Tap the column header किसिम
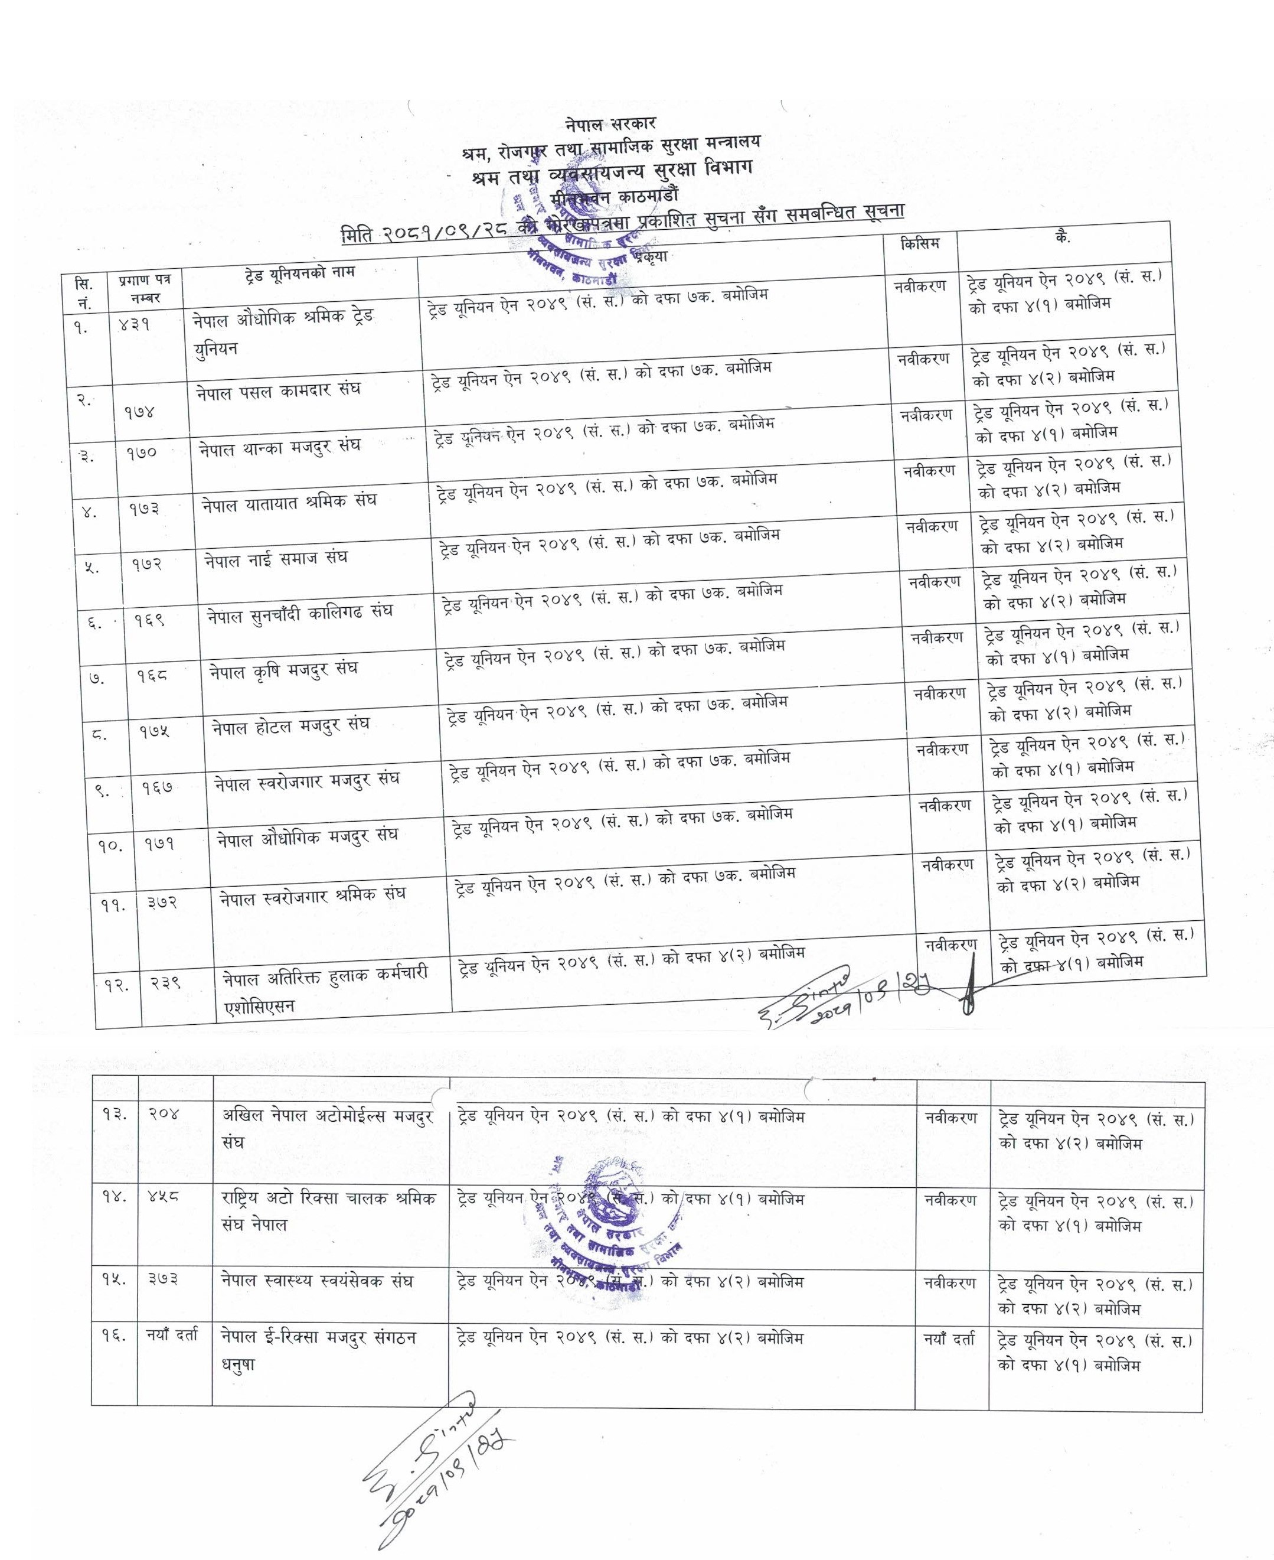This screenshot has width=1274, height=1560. (x=920, y=243)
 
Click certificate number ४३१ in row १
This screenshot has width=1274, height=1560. (x=135, y=324)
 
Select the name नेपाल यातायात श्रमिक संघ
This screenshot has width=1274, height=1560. (x=289, y=502)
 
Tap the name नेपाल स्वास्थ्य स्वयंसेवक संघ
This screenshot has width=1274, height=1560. (x=318, y=1281)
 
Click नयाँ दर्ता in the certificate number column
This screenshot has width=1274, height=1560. (x=172, y=1337)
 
